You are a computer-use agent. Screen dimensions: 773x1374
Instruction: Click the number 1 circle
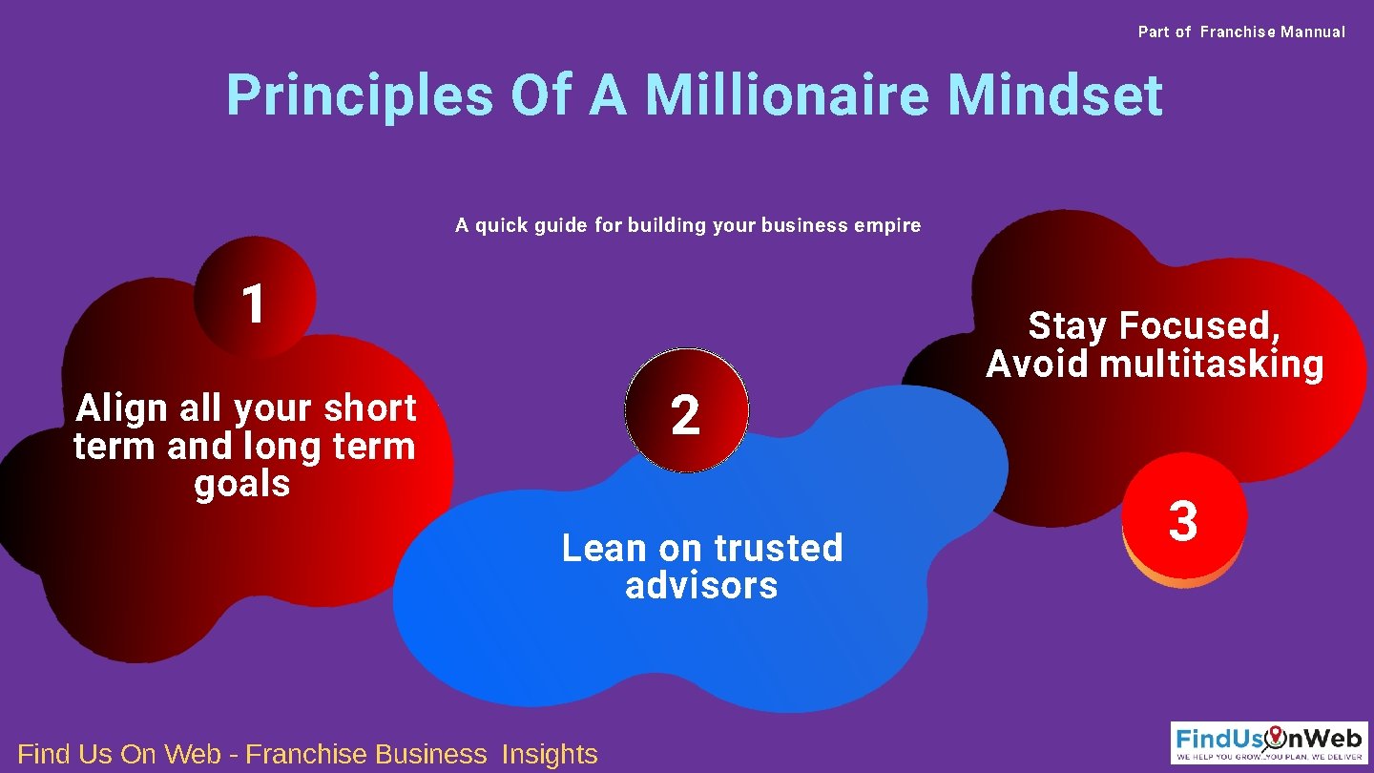[x=254, y=298]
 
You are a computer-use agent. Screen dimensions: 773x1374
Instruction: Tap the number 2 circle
[x=687, y=410]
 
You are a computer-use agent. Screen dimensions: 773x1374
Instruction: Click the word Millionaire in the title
[x=785, y=95]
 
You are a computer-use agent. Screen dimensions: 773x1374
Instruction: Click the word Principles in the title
[x=360, y=95]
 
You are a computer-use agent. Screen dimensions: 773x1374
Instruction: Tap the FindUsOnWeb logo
[x=1269, y=742]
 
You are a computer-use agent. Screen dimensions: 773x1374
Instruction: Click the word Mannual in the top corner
[x=1313, y=32]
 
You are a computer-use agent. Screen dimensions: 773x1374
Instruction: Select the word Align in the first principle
[x=121, y=408]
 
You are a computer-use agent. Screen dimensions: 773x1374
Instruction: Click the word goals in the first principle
[x=242, y=484]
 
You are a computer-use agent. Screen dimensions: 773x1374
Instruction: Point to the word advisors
[x=701, y=585]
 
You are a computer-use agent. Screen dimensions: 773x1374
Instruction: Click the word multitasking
[x=1212, y=364]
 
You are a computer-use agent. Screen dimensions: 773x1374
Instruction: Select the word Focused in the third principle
[x=1199, y=326]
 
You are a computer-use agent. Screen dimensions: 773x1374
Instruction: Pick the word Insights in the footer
[x=550, y=754]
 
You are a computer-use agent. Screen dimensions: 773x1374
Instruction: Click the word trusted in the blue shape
[x=779, y=548]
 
